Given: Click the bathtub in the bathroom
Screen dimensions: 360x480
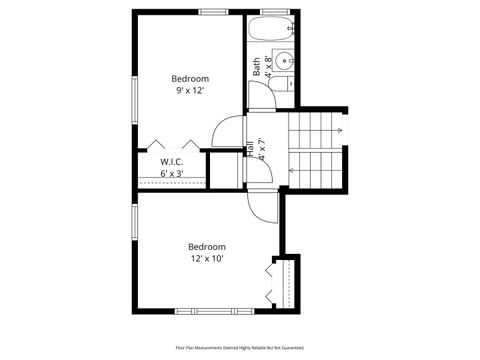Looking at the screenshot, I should click(x=270, y=30).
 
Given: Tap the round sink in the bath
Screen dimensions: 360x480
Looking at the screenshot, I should click(x=284, y=59).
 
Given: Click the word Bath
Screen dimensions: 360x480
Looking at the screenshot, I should click(x=257, y=66).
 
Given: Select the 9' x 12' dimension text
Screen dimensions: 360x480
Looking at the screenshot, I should click(x=190, y=90).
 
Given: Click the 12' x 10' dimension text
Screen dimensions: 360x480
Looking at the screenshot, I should click(x=207, y=258).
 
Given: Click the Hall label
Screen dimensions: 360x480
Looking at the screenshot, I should click(x=248, y=150).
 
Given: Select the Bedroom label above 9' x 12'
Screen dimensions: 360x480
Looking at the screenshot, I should click(x=190, y=78).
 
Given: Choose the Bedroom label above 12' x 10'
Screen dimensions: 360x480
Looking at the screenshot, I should click(x=207, y=246).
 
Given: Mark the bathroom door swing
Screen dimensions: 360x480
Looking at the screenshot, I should click(x=260, y=95).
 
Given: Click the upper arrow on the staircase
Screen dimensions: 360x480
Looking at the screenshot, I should click(x=340, y=130).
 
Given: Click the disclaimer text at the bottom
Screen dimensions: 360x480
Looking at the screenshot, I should click(x=239, y=348).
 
